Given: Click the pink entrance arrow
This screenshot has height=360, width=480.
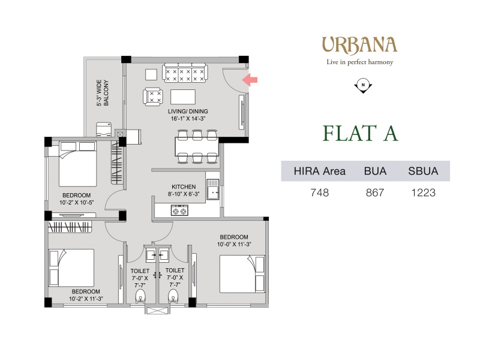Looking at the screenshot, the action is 250,80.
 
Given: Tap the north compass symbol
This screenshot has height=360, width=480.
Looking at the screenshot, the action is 363,86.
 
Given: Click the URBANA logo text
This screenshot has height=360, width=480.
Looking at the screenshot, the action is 359,46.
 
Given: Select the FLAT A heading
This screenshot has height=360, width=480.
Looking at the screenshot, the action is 361,133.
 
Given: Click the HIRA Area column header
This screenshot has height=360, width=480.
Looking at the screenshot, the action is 320,171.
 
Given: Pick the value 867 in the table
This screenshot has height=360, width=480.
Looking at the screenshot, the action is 375,193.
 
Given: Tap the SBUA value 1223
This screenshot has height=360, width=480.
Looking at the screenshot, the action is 423,193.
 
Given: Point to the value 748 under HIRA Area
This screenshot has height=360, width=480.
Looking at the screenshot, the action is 320,193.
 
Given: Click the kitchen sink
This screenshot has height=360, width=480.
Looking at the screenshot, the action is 213,190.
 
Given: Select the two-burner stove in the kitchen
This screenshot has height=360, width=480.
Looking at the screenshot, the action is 179,211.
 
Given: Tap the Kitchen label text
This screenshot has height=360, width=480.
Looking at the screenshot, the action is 184,187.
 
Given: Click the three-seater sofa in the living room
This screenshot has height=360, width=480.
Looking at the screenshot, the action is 185,73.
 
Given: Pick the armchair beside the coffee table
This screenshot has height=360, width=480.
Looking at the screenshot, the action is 153,97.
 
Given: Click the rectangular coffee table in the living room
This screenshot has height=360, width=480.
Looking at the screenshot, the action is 183,97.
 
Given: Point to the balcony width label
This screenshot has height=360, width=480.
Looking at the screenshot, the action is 103,93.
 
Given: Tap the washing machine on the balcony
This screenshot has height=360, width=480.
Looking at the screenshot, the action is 104,130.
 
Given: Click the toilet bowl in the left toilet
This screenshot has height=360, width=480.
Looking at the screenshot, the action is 140,296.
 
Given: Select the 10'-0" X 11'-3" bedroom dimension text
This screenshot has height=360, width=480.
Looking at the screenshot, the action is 234,244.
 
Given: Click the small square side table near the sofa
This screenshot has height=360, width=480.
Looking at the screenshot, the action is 151,74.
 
